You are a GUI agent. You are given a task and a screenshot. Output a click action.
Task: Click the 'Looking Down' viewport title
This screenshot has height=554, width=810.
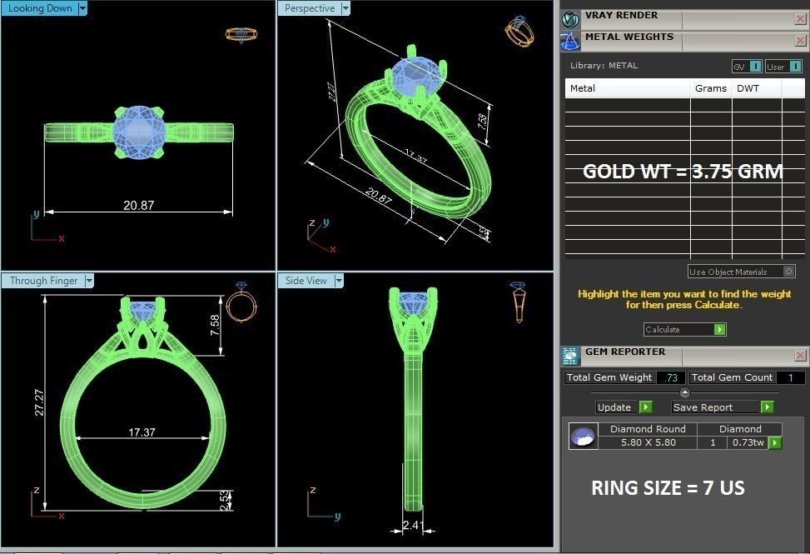40,8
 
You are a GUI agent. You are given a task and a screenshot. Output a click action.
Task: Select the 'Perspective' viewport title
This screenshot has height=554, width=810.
310,8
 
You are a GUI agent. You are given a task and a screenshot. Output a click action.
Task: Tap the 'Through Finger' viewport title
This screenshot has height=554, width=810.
43,281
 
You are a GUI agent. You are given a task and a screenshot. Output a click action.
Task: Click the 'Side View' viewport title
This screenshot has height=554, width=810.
306,281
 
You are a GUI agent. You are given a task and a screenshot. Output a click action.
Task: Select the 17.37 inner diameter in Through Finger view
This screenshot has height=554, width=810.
142,432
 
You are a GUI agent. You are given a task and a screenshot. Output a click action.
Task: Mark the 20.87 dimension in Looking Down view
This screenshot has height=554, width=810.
138,205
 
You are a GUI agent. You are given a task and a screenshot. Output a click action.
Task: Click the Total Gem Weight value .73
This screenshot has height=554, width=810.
670,377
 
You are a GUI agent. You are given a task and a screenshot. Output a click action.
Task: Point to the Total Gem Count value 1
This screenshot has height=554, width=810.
790,377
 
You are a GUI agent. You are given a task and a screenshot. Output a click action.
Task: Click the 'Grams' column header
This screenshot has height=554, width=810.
710,88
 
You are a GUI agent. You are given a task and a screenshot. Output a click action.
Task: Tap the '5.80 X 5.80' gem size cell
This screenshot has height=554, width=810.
648,442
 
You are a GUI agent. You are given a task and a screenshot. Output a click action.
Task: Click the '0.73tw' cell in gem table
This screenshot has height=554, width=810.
748,442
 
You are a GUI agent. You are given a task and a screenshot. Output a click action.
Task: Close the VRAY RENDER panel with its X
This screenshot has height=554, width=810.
800,17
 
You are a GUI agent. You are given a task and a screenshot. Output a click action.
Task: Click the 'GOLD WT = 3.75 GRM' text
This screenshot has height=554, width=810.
683,172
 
